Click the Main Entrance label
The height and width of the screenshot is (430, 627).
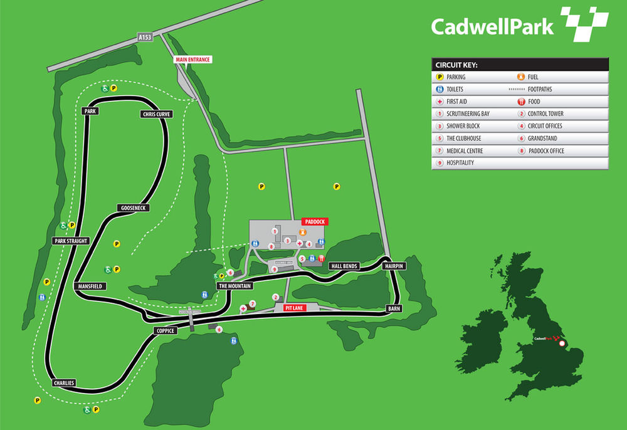[192, 60]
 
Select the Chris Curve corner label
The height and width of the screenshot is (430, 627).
[156, 115]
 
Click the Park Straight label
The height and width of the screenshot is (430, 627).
[70, 241]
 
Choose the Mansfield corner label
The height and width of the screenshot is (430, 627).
[90, 286]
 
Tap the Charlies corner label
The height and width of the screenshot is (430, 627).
[64, 382]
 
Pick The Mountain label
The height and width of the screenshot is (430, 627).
[234, 286]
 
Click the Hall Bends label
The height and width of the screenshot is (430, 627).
[344, 266]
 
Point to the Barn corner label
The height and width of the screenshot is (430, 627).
[394, 308]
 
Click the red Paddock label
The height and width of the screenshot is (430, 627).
[315, 221]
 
